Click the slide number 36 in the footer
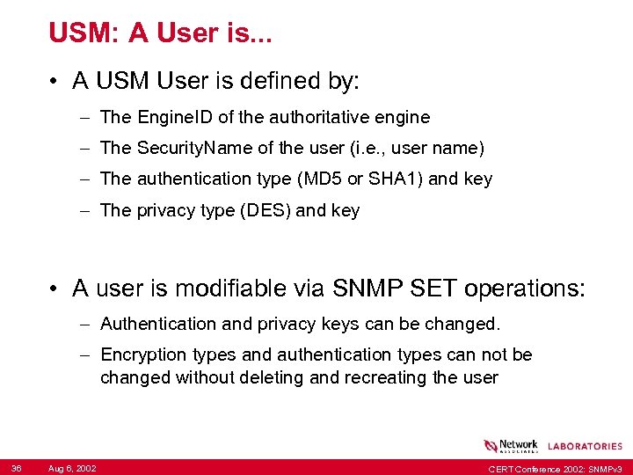pos(17,467)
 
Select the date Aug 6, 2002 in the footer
pos(72,468)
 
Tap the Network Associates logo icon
pos(490,446)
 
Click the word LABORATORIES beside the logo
pos(585,447)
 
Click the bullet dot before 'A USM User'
pos(55,82)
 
